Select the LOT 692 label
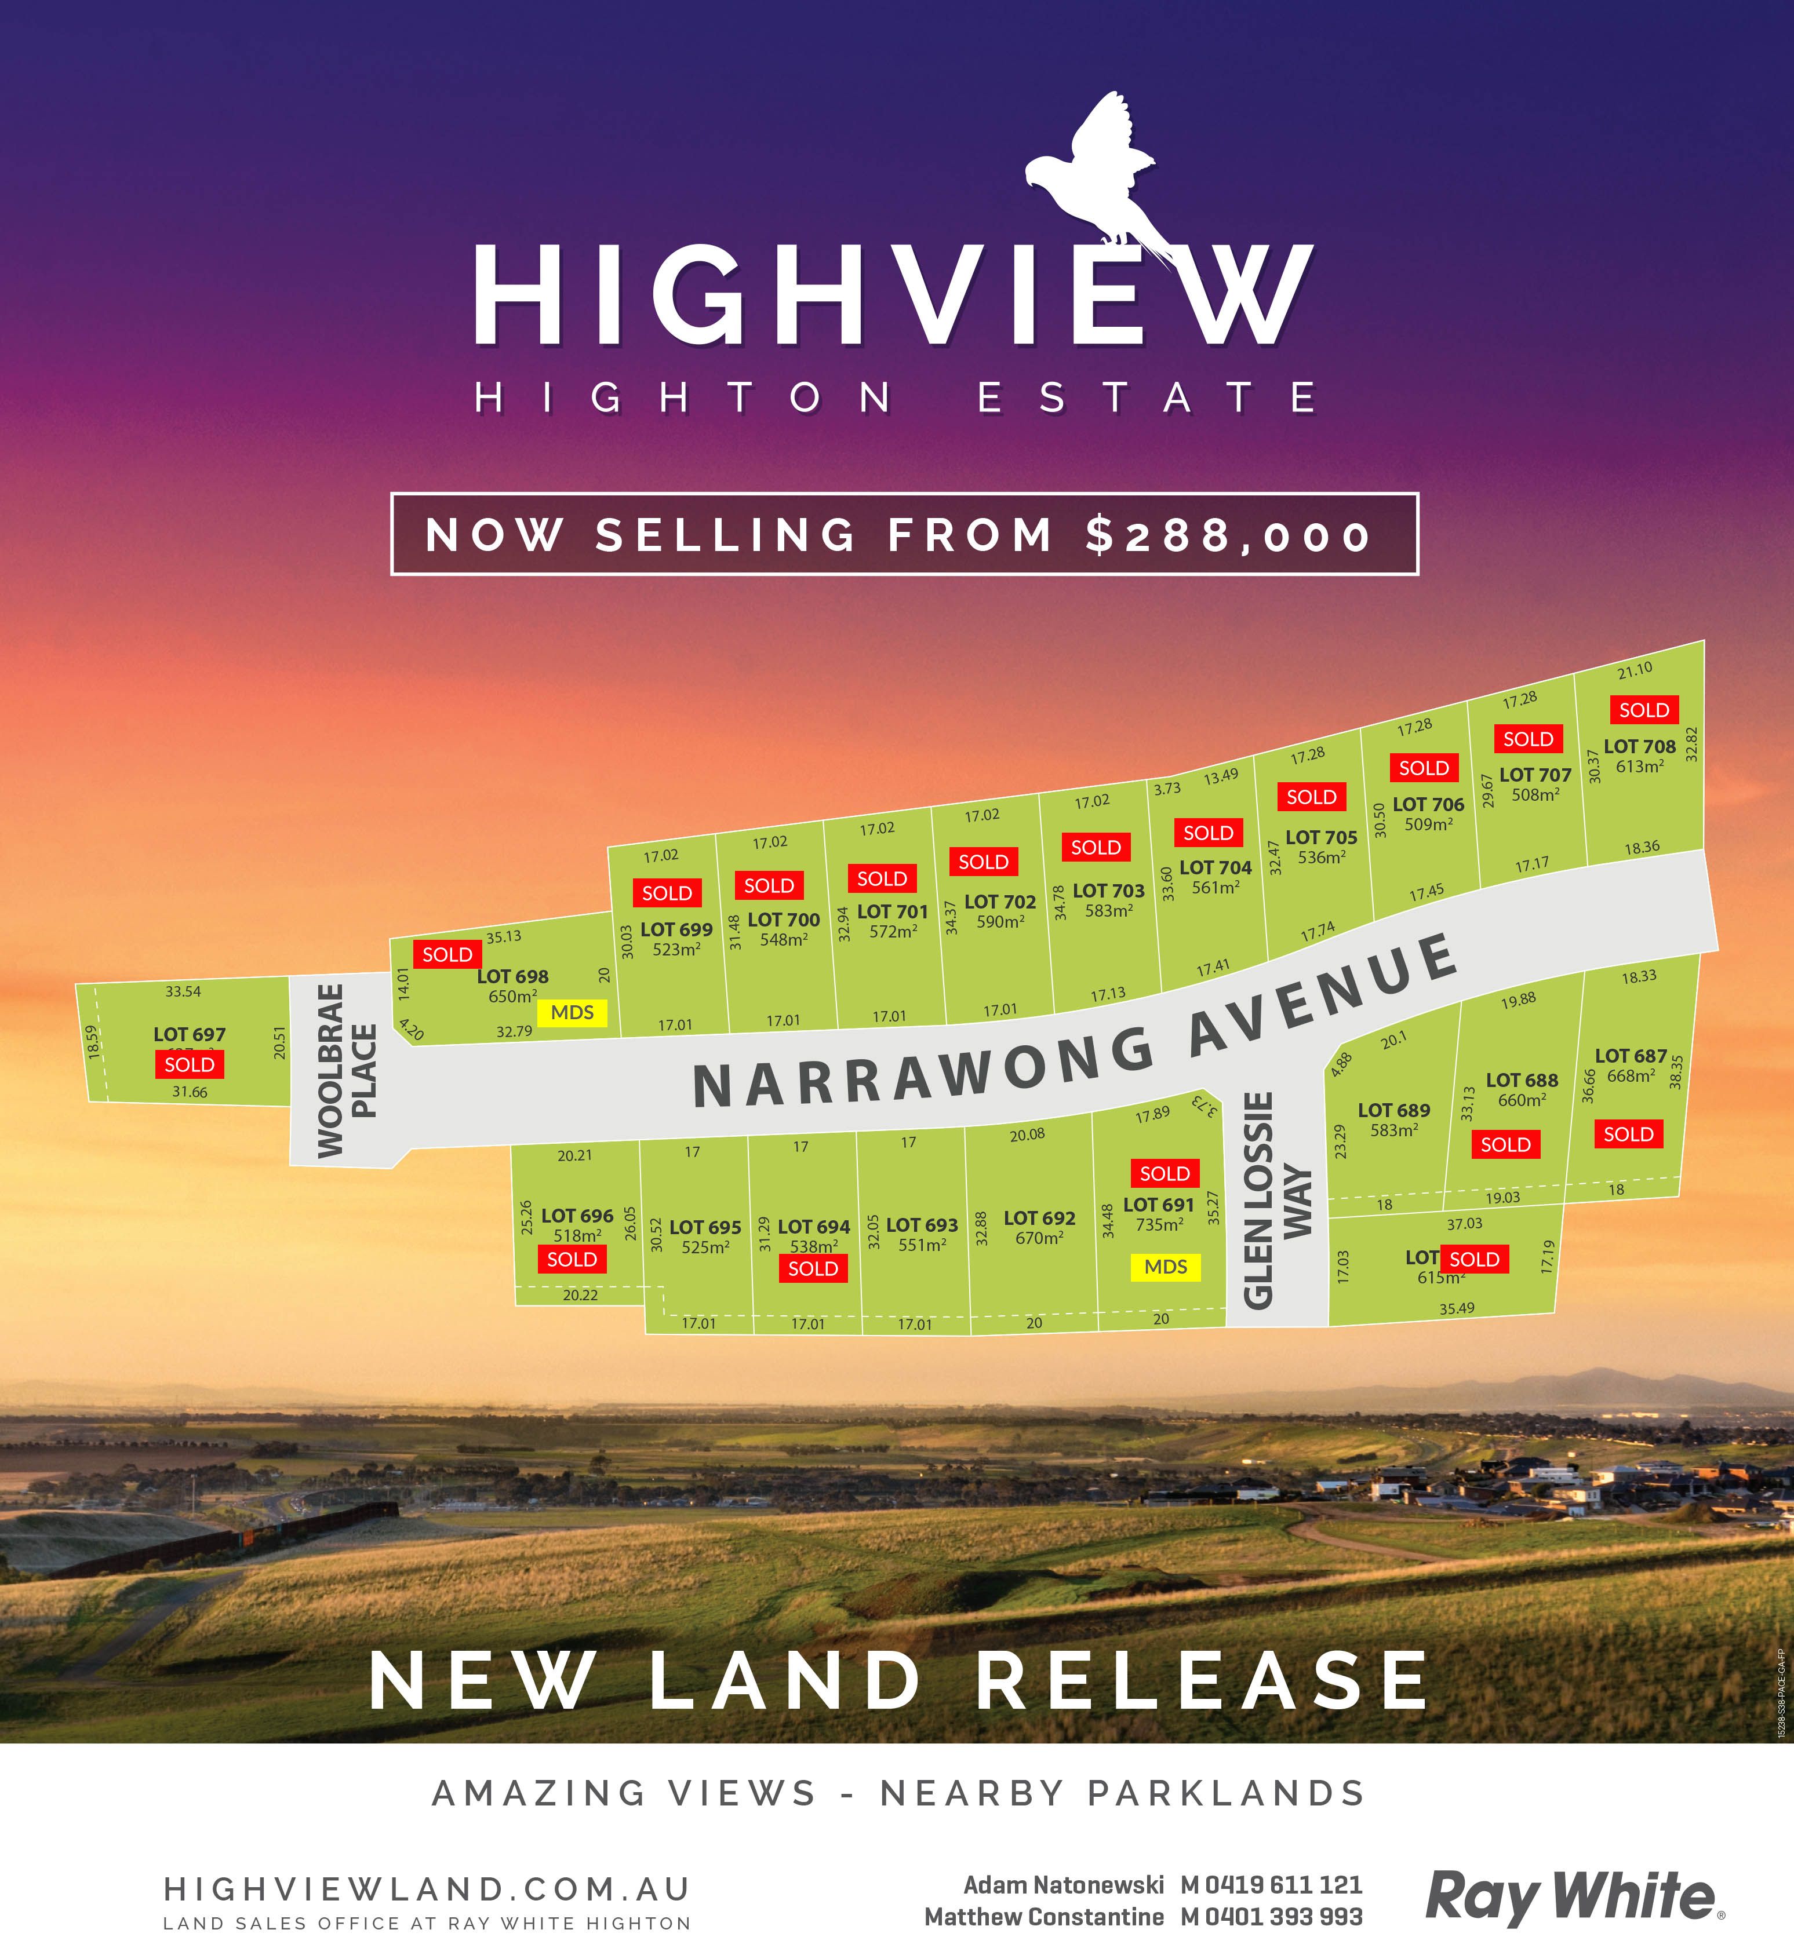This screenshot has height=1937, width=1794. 1039,1218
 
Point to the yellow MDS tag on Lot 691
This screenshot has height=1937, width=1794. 1165,1267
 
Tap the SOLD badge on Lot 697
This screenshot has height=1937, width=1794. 190,1064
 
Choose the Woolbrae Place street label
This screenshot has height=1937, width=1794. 345,1070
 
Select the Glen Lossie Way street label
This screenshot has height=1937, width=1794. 1276,1201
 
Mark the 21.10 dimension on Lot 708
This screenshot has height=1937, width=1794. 1635,670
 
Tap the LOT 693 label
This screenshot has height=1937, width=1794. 921,1225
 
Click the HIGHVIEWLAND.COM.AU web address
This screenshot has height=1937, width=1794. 427,1888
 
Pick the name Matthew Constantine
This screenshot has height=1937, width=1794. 1043,1917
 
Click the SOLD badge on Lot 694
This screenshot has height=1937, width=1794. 813,1268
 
